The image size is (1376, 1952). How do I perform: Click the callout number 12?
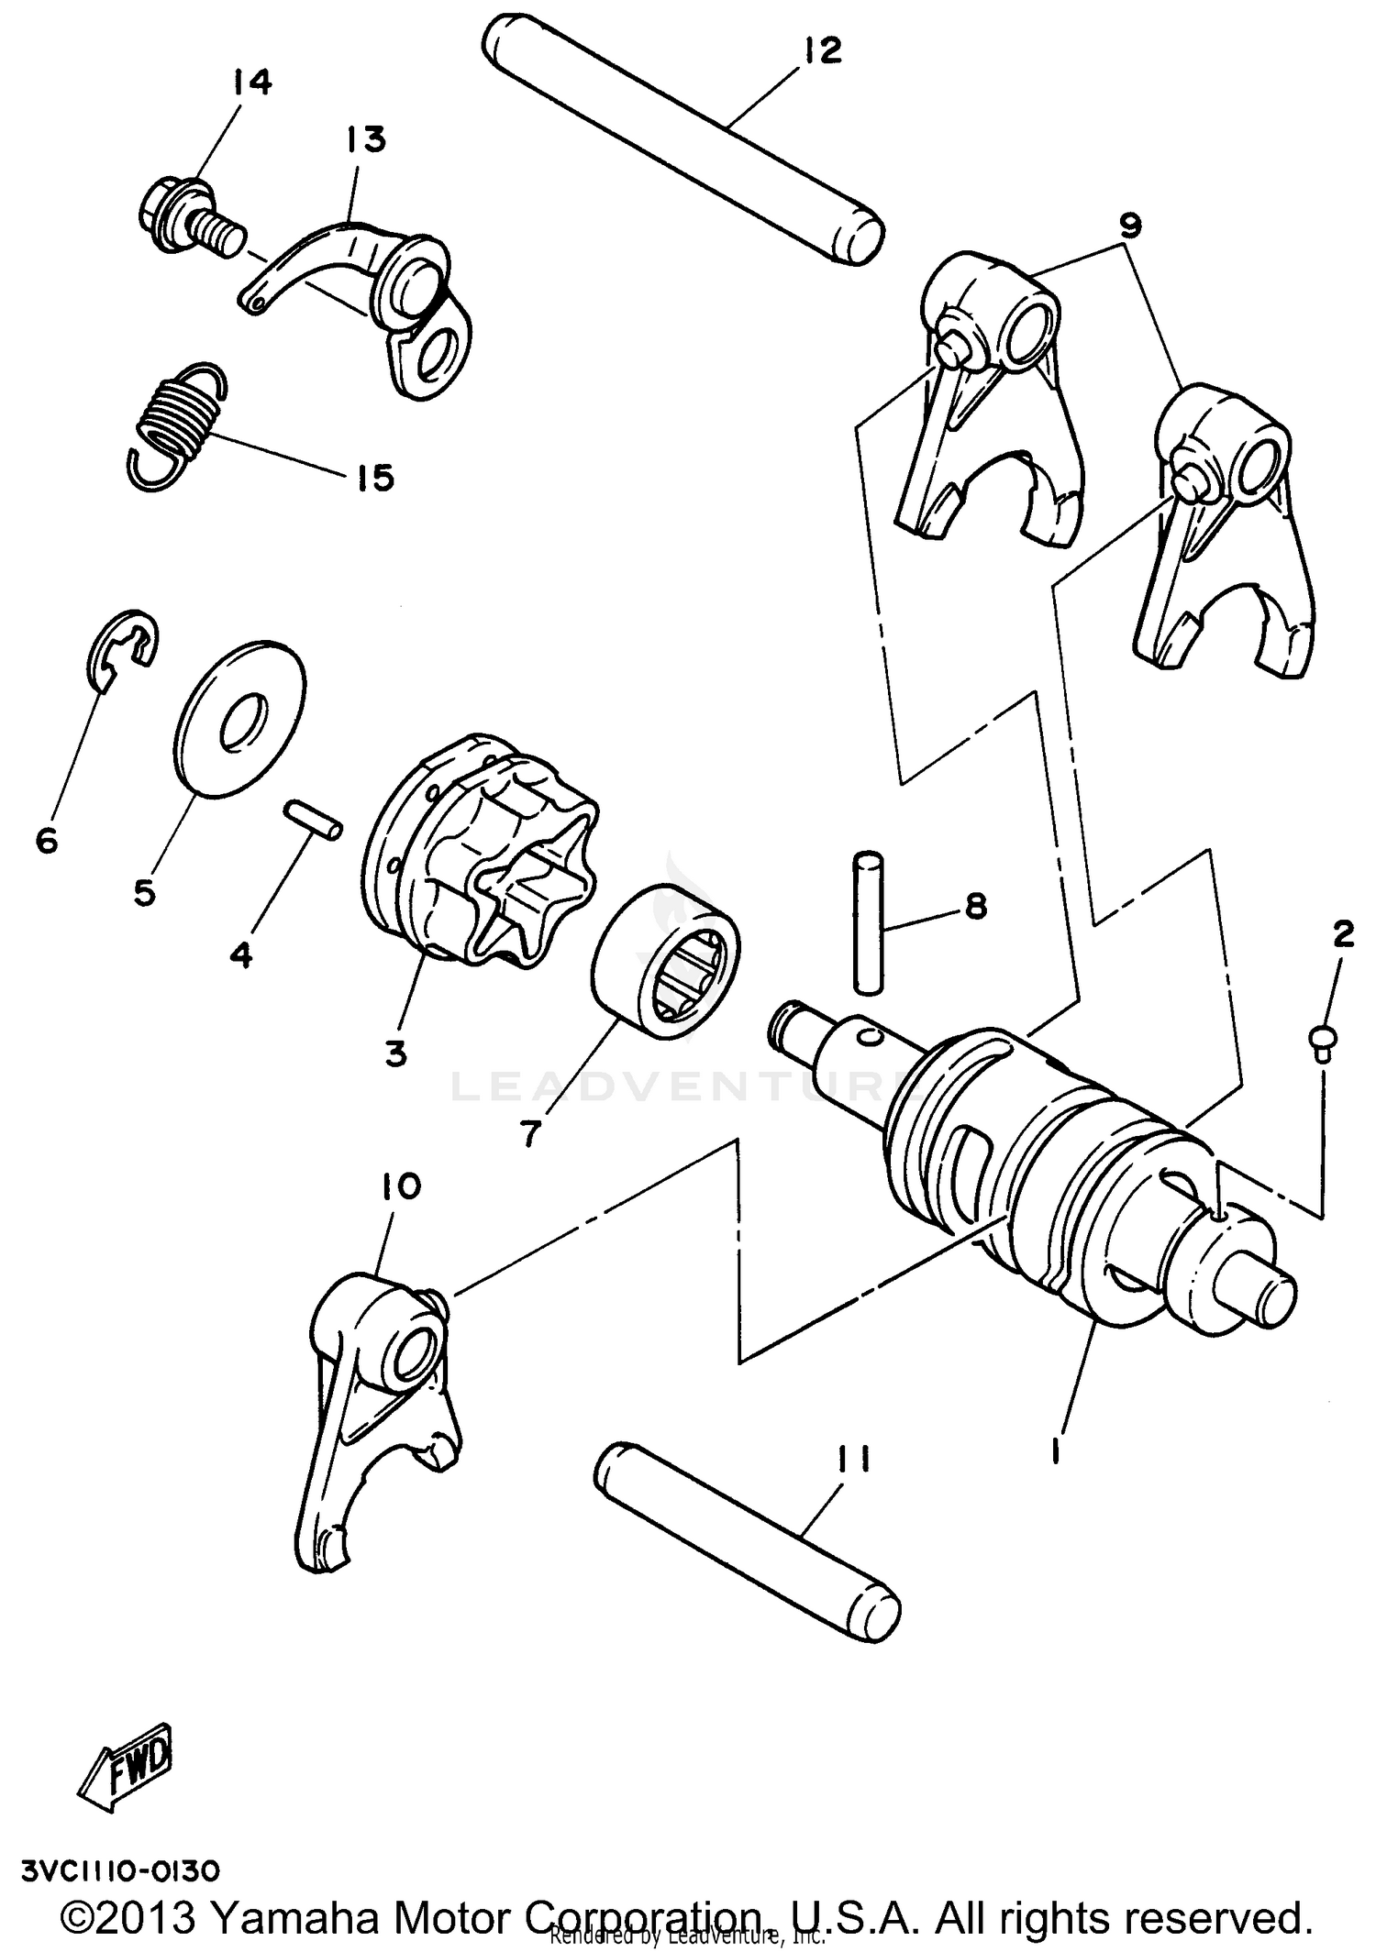[822, 50]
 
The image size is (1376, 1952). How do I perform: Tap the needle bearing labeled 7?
[668, 963]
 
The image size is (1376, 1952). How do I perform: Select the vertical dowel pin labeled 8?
[868, 921]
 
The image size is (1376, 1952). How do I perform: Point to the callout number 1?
[1058, 1450]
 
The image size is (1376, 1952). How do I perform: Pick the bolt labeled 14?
[192, 215]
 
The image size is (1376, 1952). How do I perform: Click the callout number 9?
[1129, 226]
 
